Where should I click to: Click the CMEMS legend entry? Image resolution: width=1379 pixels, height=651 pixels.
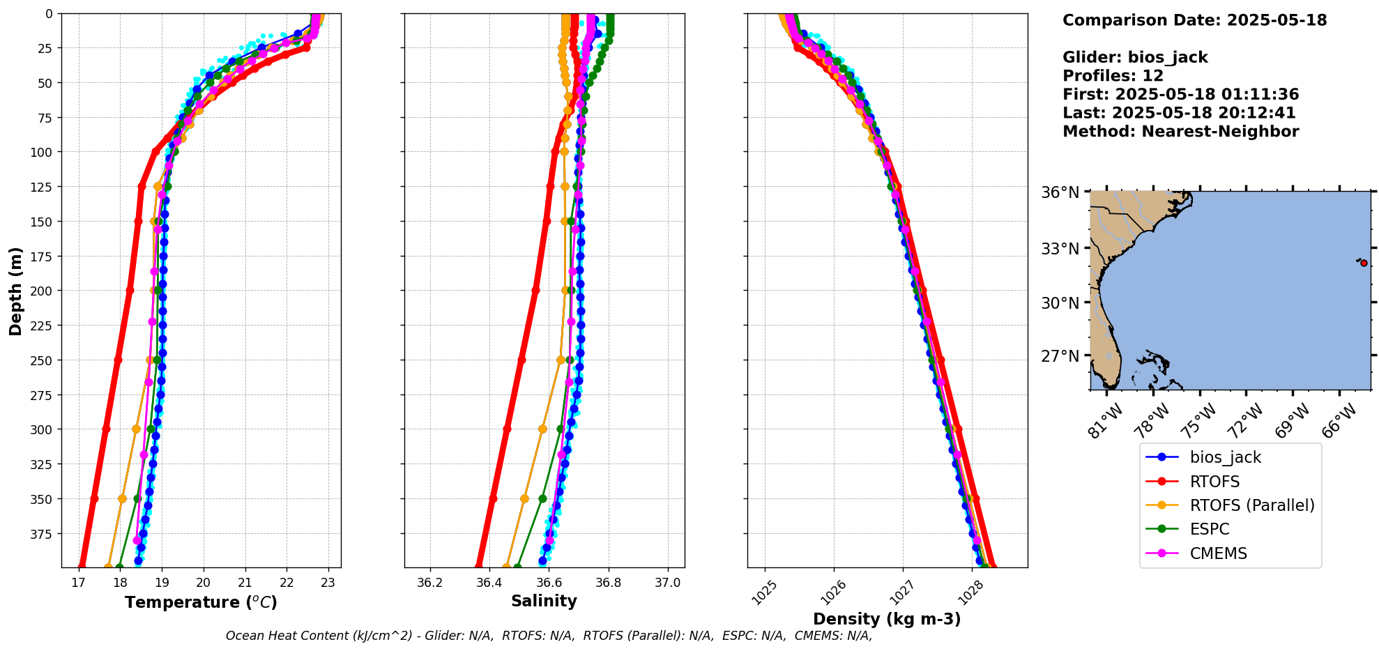1218,553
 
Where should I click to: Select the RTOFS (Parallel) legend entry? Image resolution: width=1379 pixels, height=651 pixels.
1251,505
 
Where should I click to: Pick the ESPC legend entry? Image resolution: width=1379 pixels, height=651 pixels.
1210,529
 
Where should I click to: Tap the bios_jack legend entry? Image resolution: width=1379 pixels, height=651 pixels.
1225,457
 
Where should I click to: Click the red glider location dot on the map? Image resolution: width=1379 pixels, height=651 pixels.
1364,263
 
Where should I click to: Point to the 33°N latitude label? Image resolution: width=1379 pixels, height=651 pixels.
1060,249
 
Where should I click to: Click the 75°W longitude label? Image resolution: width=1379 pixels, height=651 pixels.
1201,420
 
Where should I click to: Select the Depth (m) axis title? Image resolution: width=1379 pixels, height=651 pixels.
16,291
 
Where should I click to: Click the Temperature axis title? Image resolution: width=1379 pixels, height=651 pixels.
201,602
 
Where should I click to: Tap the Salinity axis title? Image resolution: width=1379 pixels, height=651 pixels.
544,601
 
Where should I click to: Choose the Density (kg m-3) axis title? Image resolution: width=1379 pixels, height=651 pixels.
887,619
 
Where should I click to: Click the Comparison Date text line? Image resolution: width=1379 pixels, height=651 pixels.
1194,20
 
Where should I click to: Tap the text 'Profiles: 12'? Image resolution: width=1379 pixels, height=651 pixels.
1113,76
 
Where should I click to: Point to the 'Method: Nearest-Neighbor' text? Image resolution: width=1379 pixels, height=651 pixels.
1180,132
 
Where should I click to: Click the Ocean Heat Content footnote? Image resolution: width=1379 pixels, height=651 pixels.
549,636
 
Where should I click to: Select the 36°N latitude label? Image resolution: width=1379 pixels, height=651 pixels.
1060,192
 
